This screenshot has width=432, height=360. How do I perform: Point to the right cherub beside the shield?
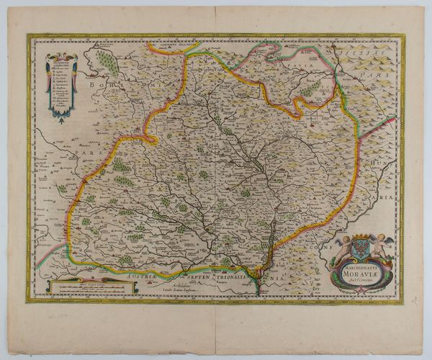[379, 244]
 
